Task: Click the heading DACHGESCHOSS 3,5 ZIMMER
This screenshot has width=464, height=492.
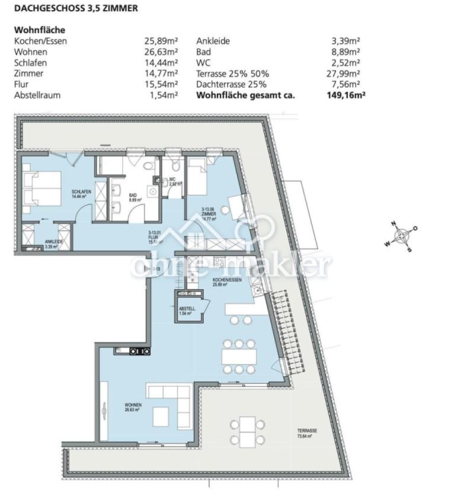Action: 76,8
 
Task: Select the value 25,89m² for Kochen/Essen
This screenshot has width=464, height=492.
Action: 161,41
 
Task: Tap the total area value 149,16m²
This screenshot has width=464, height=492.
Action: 343,95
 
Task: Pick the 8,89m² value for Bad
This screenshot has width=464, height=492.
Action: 346,52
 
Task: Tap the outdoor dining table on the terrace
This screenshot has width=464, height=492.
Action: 247,432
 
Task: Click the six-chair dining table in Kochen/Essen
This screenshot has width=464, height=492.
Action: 239,356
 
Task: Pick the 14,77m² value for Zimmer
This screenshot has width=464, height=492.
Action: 161,74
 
